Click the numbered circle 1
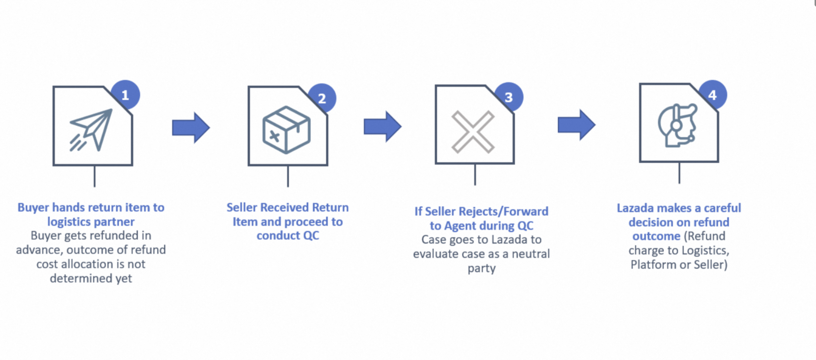pos(125,95)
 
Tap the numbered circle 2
pos(322,98)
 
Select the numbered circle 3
pos(509,97)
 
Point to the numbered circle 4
pos(713,94)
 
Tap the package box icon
pos(286,130)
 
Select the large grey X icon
pos(473,132)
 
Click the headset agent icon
pos(678,125)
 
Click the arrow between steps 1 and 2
pos(191,128)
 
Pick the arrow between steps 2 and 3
pos(382,127)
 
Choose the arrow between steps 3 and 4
pos(577,125)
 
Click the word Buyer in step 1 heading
pos(33,207)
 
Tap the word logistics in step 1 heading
pos(69,222)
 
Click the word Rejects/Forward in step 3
pos(502,211)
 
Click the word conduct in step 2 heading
pos(276,236)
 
